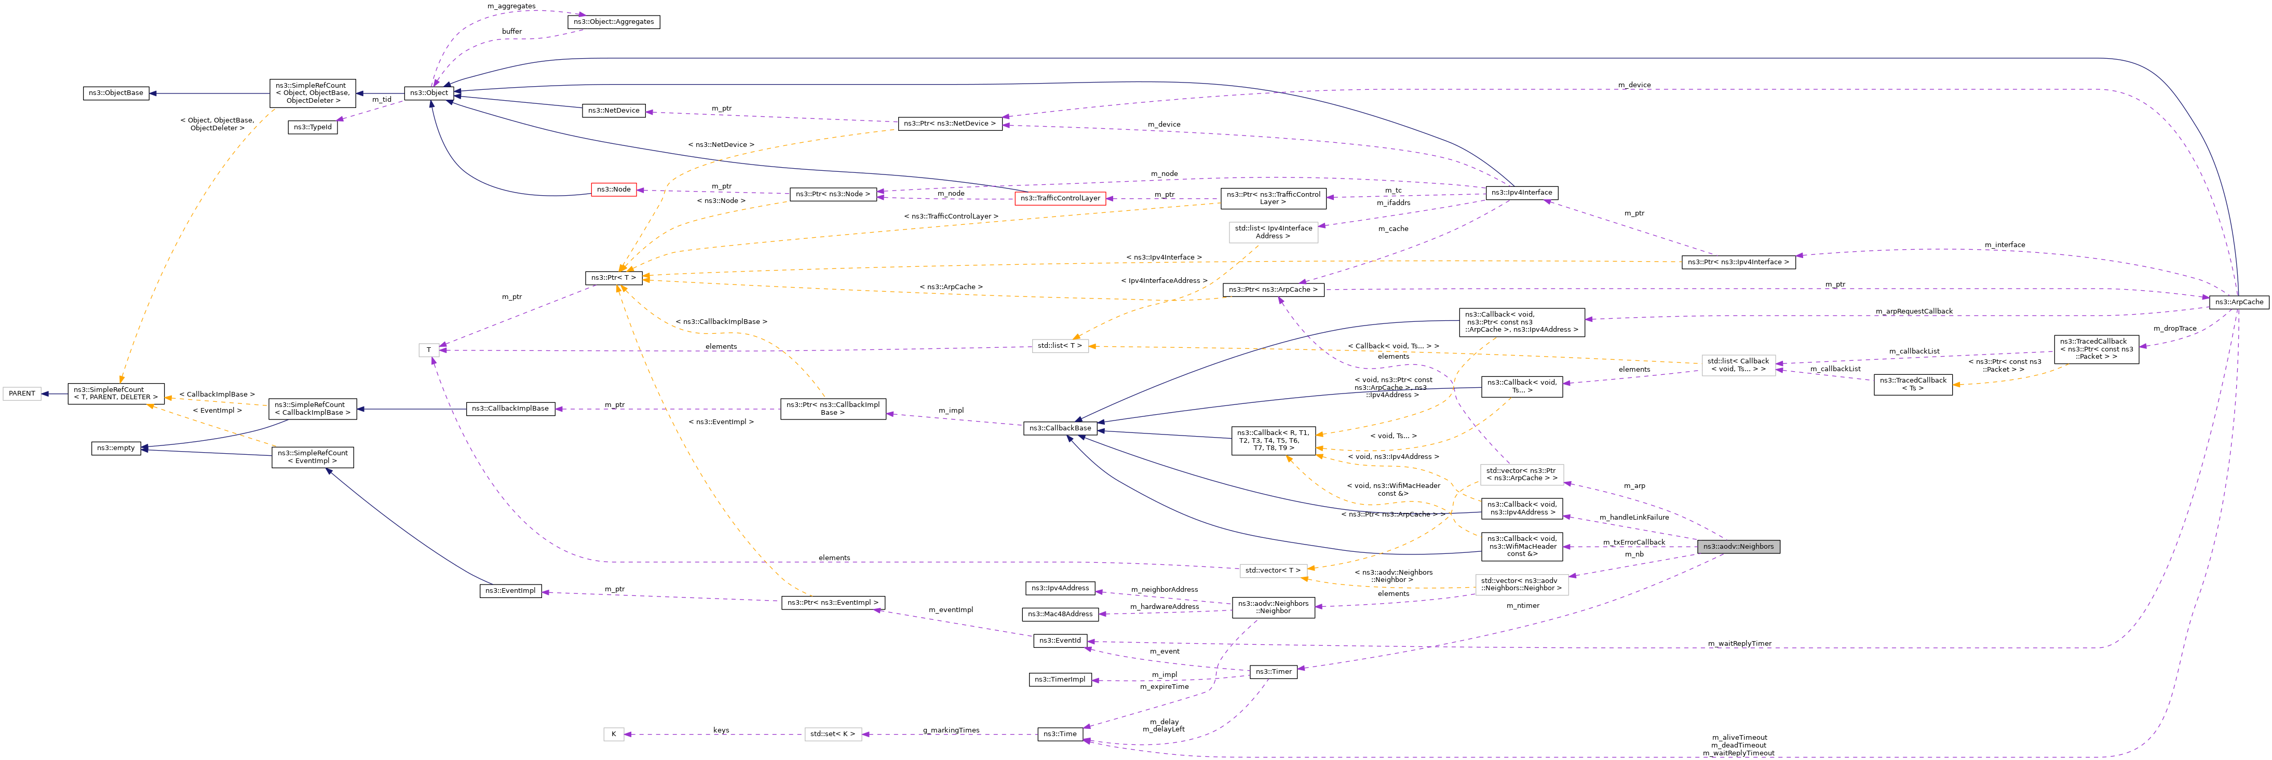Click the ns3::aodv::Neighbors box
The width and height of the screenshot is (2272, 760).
1738,547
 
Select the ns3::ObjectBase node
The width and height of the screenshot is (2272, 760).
116,92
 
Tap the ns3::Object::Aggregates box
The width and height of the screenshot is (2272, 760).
613,22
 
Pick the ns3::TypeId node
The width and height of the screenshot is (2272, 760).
312,127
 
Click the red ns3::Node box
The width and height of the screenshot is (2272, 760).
613,189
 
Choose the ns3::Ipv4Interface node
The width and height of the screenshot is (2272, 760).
1521,192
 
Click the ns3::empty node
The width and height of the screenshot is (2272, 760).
116,448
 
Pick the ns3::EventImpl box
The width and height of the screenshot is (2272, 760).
510,591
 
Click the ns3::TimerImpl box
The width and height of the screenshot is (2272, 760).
1059,680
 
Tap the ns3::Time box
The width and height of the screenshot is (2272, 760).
1059,735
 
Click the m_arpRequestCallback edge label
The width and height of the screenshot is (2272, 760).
1913,311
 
